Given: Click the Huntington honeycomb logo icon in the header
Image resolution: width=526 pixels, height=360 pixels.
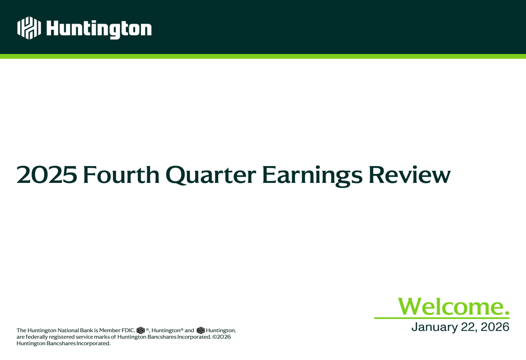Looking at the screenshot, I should coord(28,28).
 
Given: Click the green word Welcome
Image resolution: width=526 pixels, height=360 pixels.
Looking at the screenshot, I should coord(453,306).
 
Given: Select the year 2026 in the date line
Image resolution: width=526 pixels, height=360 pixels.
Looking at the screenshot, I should coord(495,327).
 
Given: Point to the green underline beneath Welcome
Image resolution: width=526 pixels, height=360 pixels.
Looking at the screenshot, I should coord(442,317).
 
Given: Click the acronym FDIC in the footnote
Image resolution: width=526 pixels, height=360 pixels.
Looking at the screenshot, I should coord(128,331).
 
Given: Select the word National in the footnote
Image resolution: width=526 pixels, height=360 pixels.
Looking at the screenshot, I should coord(68,331).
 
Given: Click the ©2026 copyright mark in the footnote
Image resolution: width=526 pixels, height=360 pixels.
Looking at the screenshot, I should coord(221,337).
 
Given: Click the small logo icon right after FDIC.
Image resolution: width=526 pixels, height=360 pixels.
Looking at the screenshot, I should coord(140,331).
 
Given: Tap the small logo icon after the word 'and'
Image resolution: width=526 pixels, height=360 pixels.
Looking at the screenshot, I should coord(200,331).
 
